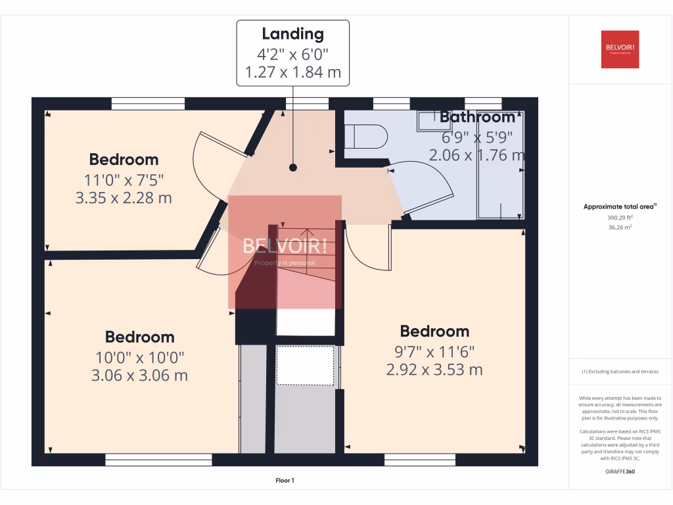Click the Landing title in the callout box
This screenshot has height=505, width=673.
293,34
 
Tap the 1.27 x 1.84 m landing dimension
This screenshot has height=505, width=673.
293,72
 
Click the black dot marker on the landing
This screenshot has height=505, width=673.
293,168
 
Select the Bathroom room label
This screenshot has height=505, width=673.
477,118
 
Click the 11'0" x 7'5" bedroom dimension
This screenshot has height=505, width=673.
124,180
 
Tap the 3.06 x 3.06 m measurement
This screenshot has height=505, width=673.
139,375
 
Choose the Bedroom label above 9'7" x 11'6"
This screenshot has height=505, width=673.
434,331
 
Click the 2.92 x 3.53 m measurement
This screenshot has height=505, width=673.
434,370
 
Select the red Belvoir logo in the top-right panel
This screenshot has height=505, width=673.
620,49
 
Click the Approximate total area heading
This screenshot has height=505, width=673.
620,206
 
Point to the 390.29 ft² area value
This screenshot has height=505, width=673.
620,217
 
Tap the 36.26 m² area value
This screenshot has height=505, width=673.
620,227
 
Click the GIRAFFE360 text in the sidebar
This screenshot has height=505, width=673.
620,471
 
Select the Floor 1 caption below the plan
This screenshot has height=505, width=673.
285,481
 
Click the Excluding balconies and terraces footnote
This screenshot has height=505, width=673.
620,372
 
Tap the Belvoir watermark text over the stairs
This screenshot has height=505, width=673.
285,247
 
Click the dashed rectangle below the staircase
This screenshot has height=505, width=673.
305,365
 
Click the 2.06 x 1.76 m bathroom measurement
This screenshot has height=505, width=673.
476,156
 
